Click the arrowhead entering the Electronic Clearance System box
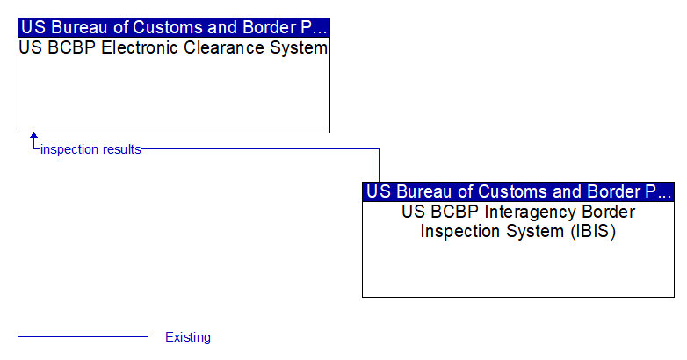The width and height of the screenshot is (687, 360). point(33,135)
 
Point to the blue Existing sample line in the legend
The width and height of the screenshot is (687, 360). point(83,337)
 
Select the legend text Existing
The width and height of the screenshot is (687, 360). point(188,337)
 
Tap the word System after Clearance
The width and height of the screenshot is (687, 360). point(299,47)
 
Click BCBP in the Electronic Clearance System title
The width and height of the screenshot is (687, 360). point(71,47)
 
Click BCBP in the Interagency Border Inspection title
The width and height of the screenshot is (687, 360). point(455,212)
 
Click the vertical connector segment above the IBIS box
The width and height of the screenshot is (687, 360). point(379,166)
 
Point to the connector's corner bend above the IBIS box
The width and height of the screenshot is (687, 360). point(379,149)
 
